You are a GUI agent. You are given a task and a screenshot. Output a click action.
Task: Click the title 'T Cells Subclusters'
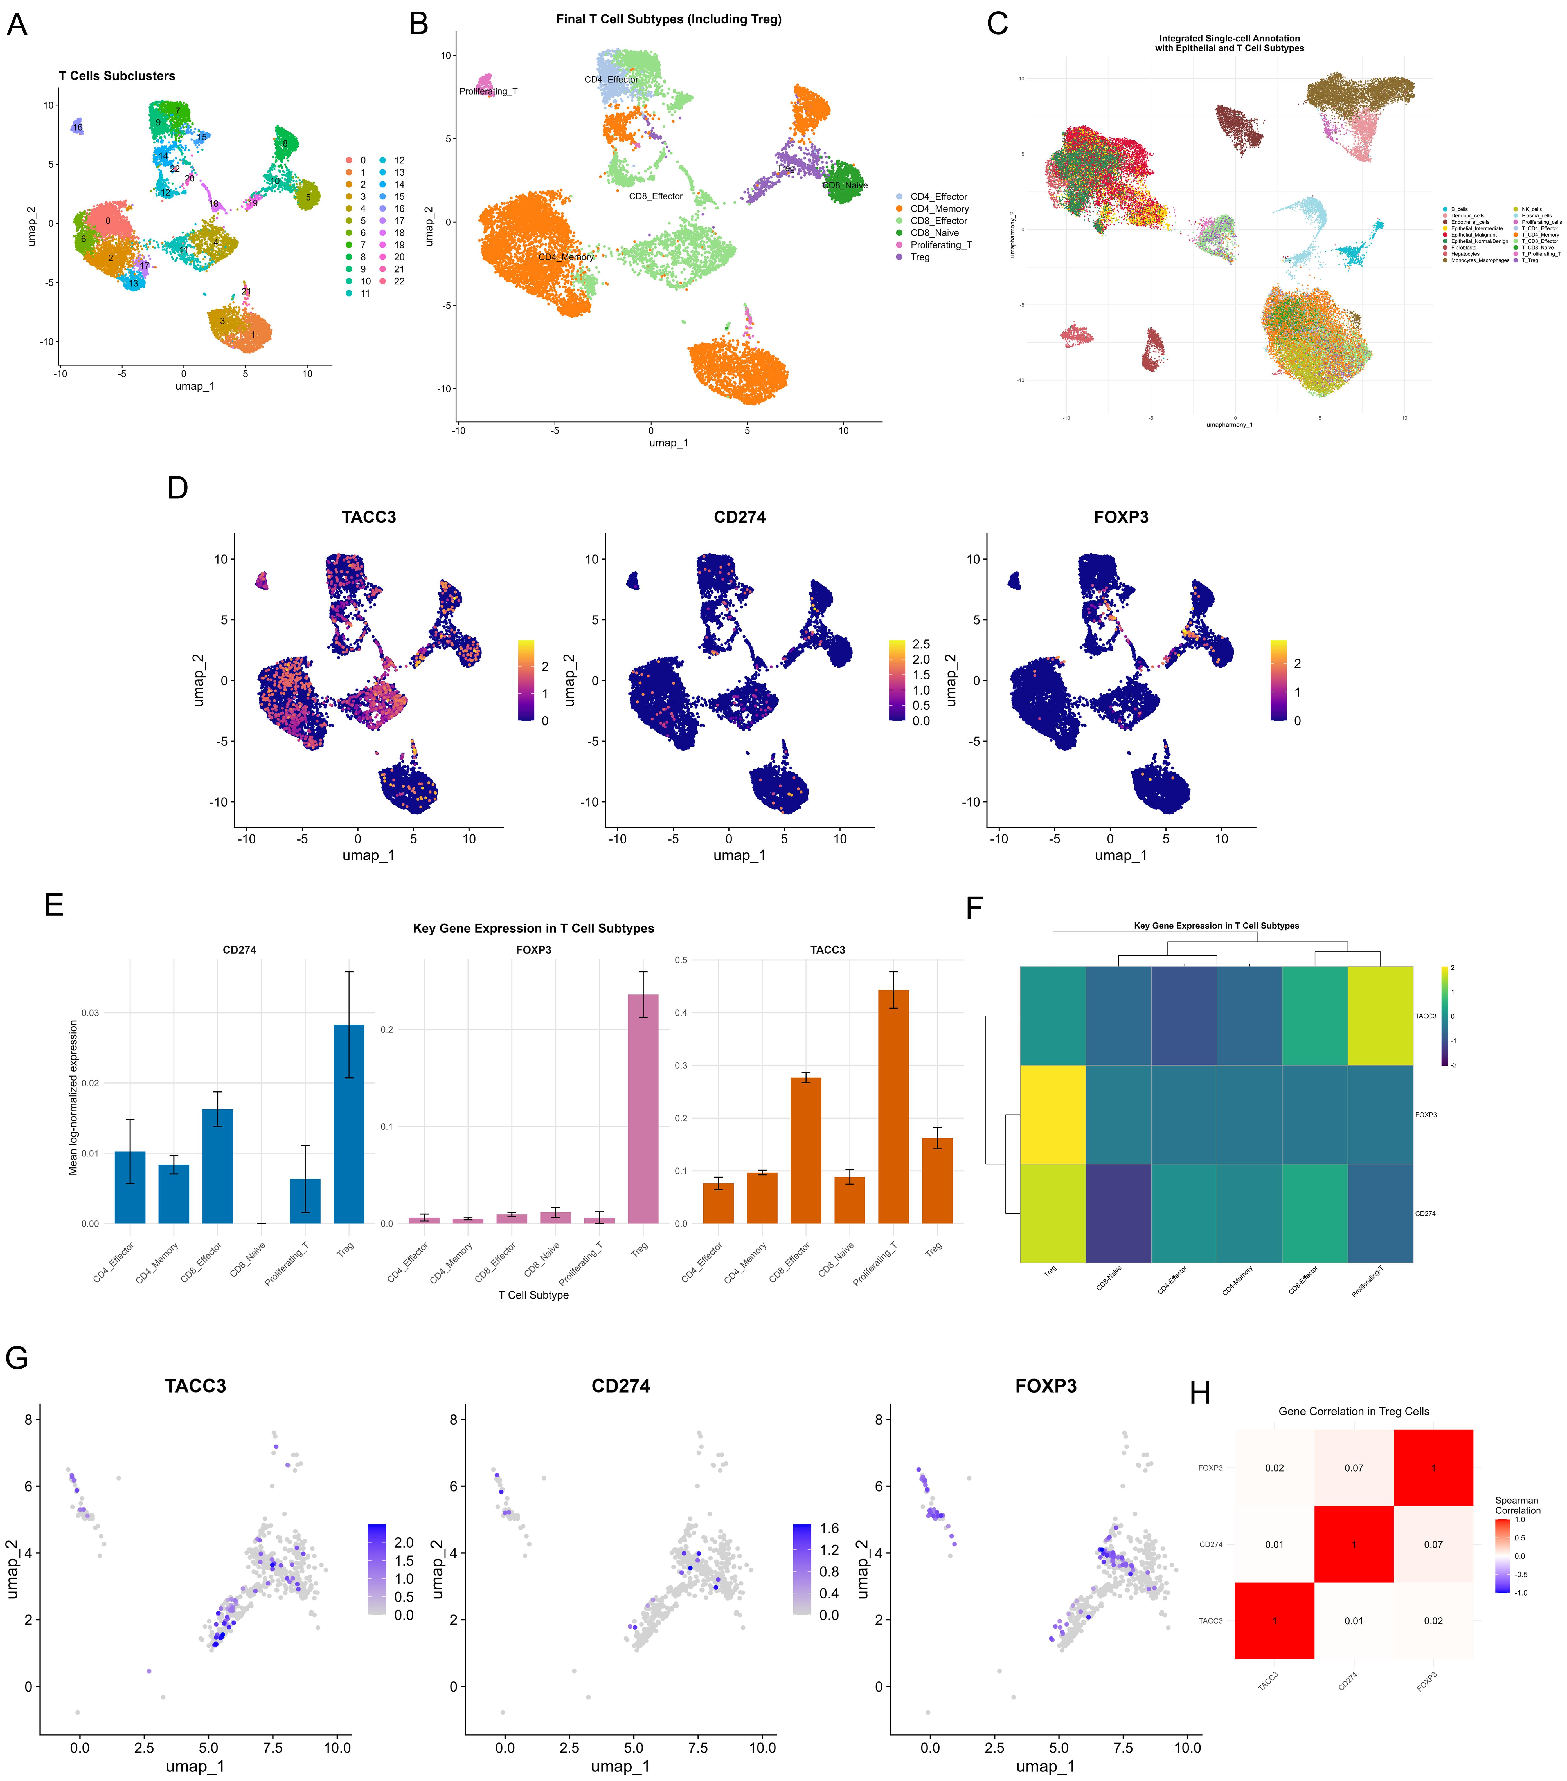tap(117, 76)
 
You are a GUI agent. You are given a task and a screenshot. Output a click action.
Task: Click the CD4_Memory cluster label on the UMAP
tap(565, 257)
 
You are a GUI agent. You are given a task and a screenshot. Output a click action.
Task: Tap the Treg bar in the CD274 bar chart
tap(348, 1124)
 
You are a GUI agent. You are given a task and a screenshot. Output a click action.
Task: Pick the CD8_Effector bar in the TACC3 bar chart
tap(806, 1150)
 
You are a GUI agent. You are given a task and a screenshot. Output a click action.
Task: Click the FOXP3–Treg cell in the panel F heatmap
tap(1052, 1115)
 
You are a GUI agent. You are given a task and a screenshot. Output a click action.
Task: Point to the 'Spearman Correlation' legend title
tap(1517, 1506)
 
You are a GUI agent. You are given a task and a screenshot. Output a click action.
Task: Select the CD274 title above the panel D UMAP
tap(740, 518)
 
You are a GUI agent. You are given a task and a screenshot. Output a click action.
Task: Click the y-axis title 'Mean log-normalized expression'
tap(73, 1098)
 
